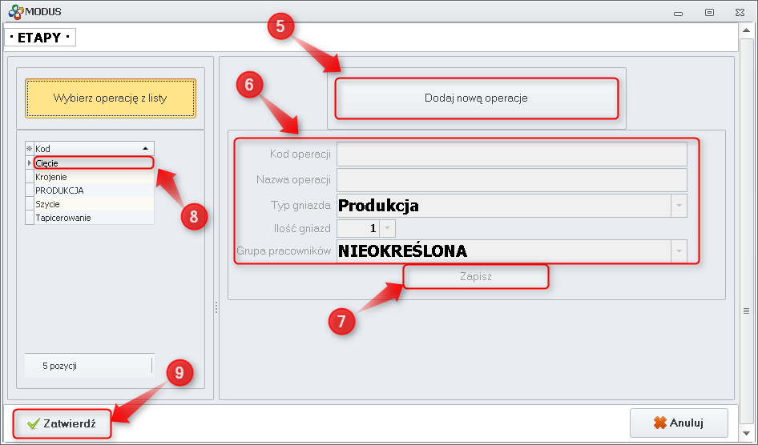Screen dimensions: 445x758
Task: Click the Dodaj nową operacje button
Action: coord(476,98)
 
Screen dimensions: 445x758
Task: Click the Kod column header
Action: coord(88,149)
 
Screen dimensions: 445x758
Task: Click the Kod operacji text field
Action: coord(511,154)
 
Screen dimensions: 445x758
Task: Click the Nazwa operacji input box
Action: coord(511,179)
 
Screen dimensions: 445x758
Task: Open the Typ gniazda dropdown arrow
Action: coord(679,206)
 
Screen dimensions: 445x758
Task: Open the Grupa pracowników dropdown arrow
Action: coord(679,251)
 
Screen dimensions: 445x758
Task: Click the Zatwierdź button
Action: coord(62,424)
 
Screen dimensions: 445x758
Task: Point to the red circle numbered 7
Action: coord(341,320)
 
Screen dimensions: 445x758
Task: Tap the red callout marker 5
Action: coord(280,26)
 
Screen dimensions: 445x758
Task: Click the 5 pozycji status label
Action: coord(60,366)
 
